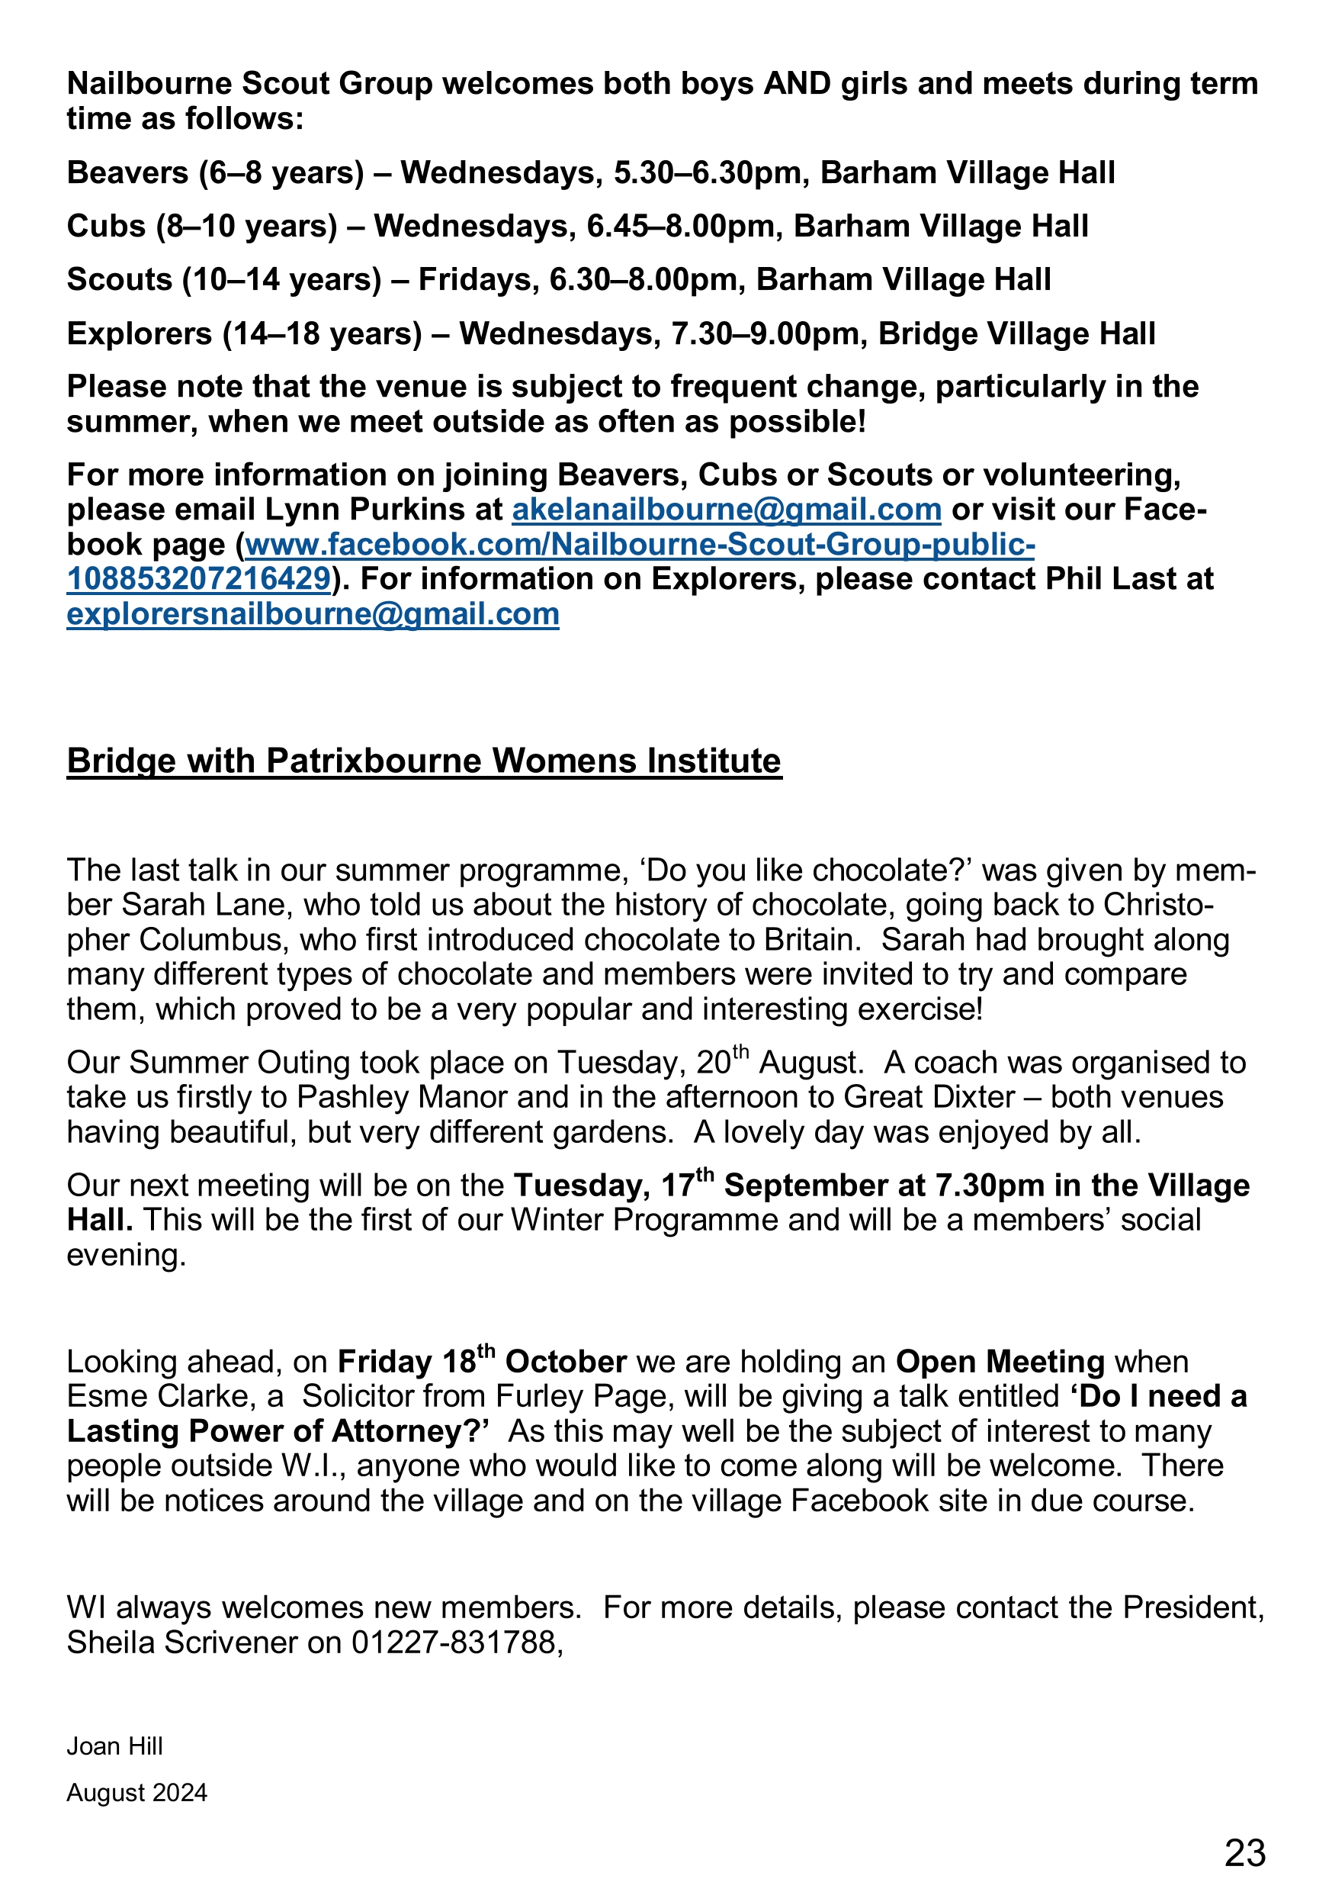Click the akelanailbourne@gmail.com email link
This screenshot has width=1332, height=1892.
[x=727, y=510]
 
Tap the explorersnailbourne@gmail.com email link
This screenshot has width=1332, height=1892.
[x=313, y=614]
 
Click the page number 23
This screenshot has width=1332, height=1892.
[x=1244, y=1852]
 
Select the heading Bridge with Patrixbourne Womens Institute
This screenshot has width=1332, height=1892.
[x=424, y=761]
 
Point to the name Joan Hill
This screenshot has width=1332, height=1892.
[x=114, y=1746]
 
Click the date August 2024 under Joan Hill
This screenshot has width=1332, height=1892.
[x=136, y=1793]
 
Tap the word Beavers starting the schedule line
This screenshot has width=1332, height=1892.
[x=127, y=173]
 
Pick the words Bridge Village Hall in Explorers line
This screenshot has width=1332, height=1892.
[x=1016, y=333]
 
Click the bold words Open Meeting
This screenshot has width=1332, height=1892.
[x=1000, y=1362]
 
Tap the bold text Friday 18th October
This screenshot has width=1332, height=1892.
[x=482, y=1362]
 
